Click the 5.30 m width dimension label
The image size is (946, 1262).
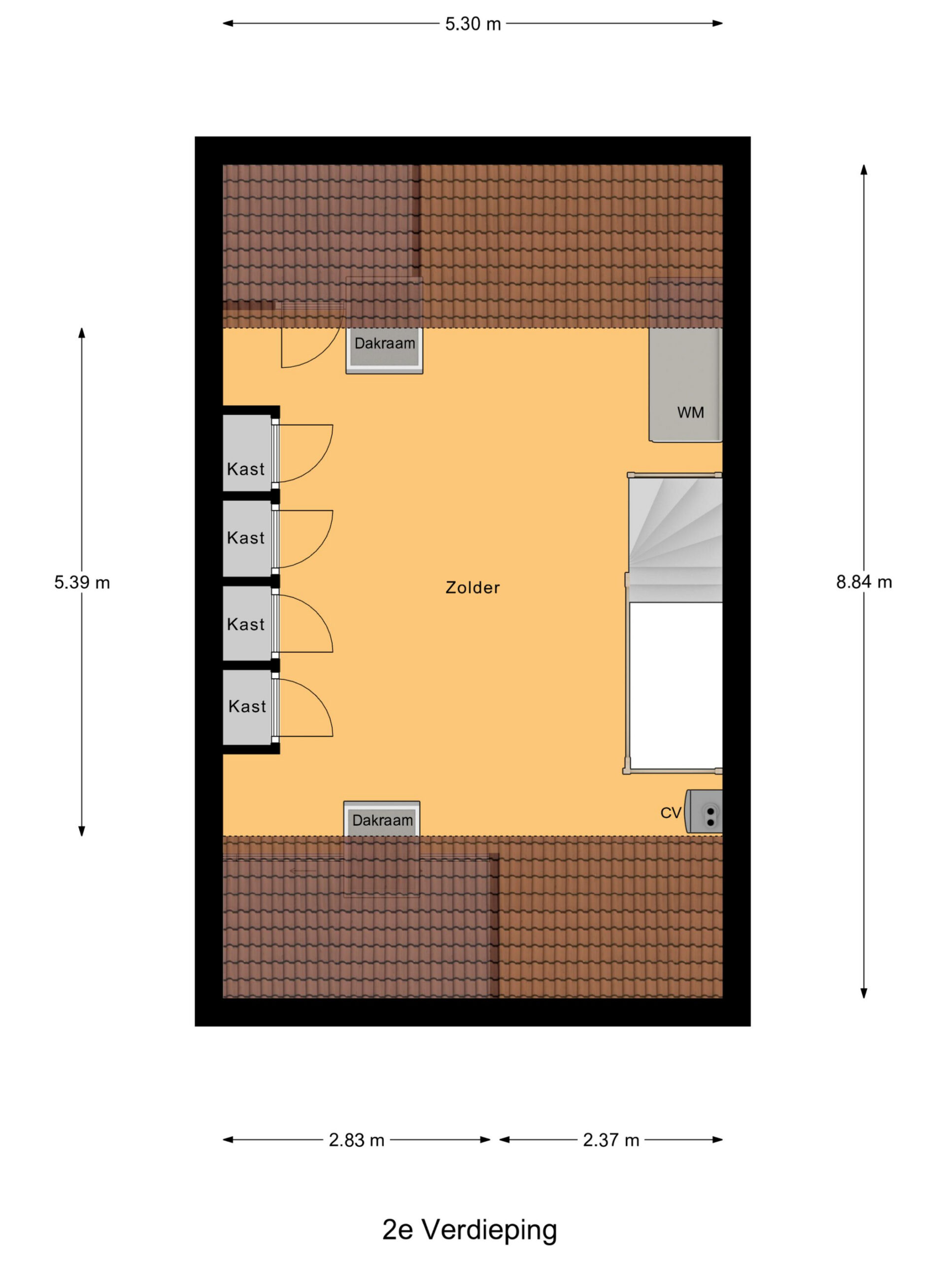[473, 24]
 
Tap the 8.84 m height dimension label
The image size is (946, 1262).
[864, 582]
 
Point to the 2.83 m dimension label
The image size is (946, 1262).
[356, 1140]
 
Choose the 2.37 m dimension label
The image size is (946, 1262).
[610, 1140]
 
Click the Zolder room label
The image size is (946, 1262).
[473, 588]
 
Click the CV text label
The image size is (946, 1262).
[671, 813]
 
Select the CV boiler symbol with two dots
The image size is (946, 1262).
[704, 811]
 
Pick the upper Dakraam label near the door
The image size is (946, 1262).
[385, 344]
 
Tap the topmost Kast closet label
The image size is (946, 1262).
[246, 469]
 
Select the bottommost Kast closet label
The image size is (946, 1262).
[247, 706]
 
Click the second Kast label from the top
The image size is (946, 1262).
[246, 537]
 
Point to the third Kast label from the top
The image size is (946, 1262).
[246, 624]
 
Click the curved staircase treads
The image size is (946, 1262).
[676, 539]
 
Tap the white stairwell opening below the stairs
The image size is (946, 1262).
[676, 686]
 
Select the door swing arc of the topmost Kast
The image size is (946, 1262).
[322, 463]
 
